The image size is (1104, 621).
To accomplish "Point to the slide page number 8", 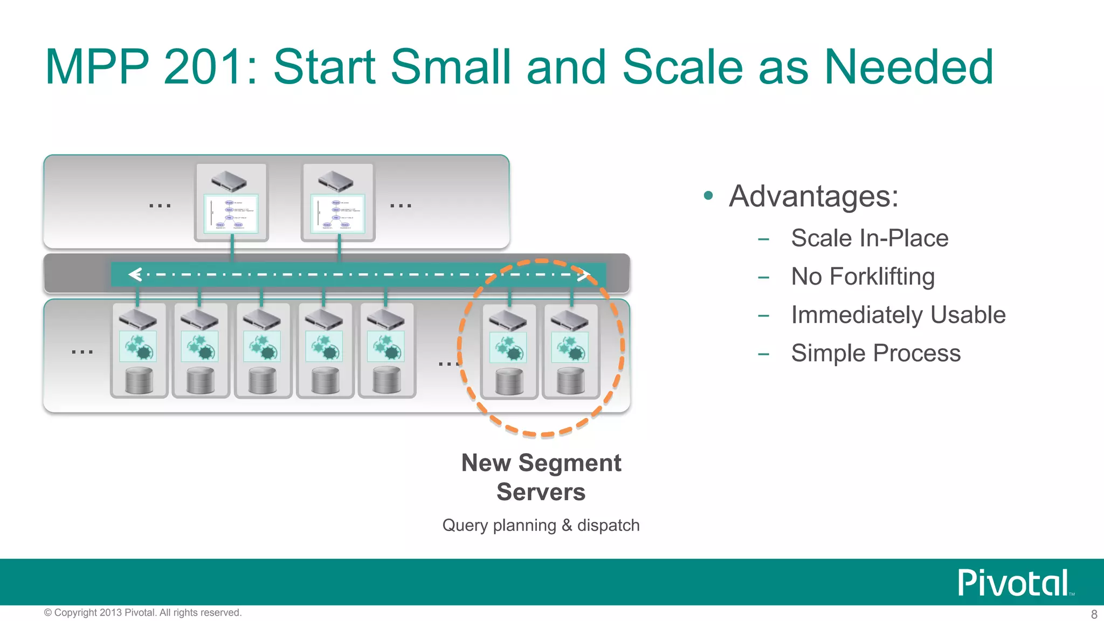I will [1094, 614].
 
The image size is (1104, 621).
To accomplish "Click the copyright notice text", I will [143, 612].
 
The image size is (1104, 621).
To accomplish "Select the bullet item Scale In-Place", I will [870, 238].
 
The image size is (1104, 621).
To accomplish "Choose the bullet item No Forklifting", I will [862, 277].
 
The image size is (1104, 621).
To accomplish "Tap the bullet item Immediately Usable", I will [898, 315].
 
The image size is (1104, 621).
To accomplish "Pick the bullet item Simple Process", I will [875, 354].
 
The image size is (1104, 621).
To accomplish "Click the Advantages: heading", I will [813, 196].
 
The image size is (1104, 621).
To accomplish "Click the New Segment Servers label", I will [541, 477].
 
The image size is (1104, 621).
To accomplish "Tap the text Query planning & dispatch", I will [541, 525].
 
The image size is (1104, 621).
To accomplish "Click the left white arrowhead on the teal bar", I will [135, 275].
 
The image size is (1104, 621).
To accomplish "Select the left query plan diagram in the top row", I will [231, 213].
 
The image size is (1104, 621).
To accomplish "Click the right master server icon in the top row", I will [336, 181].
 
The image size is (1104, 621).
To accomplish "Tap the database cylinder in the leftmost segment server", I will [139, 381].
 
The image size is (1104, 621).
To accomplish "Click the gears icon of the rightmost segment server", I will [570, 348].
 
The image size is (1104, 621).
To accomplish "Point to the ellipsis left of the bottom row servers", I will [82, 352].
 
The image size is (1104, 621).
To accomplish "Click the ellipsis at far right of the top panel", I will [401, 206].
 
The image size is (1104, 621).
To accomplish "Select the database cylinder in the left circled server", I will [509, 382].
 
